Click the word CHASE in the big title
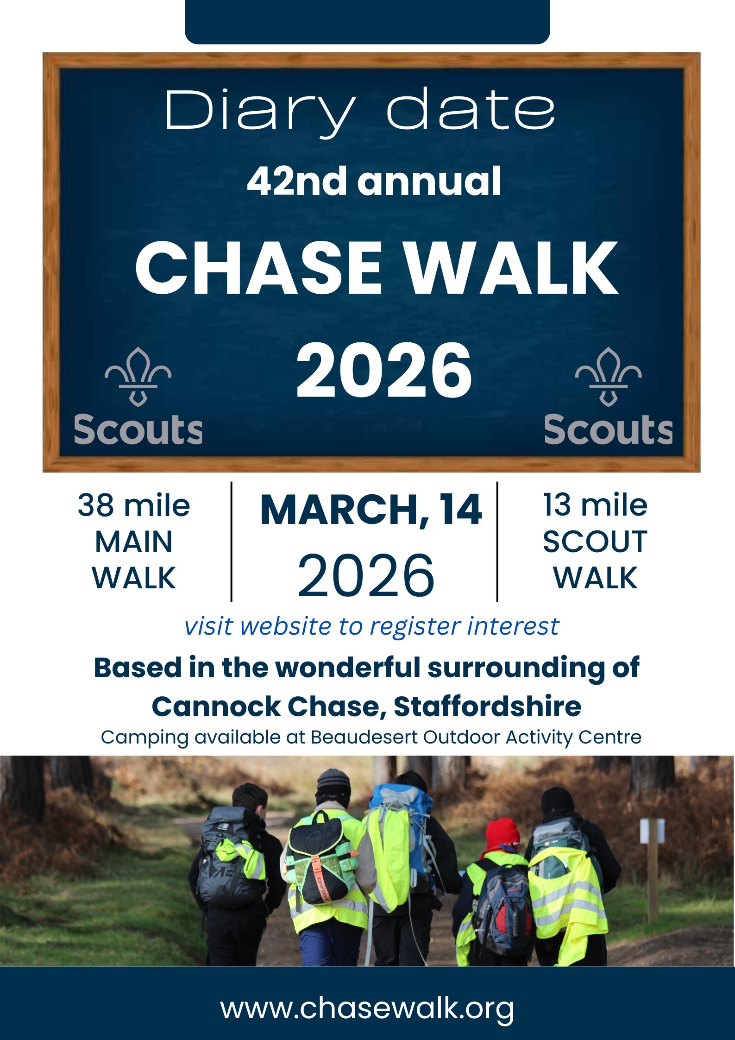tap(258, 269)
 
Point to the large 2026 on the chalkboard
tap(384, 371)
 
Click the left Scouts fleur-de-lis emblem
tap(138, 377)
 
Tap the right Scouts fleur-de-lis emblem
tap(608, 377)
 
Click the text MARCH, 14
tap(371, 510)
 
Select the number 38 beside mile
tap(96, 505)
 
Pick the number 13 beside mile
tap(557, 505)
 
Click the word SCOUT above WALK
tap(595, 542)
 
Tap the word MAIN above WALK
tap(134, 542)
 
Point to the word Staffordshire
tap(487, 707)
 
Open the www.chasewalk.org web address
tap(367, 1008)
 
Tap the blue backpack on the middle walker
tap(402, 829)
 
